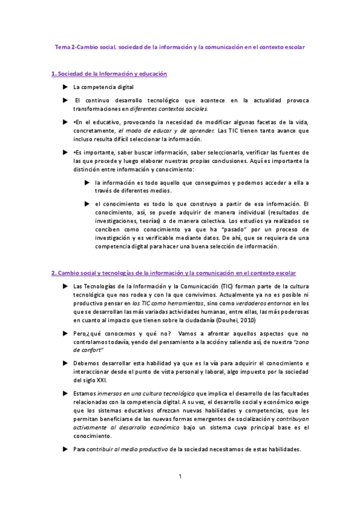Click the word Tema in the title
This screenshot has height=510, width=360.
click(x=62, y=46)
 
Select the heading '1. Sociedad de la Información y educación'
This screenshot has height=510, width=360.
click(x=109, y=73)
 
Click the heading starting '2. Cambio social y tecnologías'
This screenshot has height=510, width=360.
click(x=178, y=273)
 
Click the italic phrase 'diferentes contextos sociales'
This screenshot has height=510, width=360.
click(x=171, y=109)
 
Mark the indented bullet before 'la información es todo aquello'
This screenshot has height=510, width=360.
click(x=87, y=182)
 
